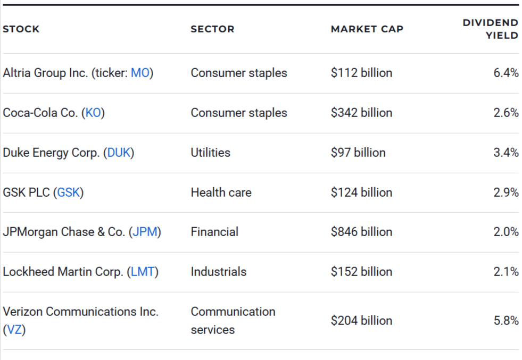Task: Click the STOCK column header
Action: click(21, 29)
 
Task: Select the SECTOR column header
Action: click(212, 29)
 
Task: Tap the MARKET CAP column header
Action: click(367, 29)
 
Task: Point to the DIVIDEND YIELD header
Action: click(490, 29)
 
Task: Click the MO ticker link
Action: click(140, 73)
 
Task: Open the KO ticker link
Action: click(93, 113)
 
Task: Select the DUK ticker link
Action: click(119, 153)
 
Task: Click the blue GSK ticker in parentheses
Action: click(69, 192)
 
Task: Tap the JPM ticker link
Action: click(145, 232)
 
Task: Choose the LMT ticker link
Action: click(143, 272)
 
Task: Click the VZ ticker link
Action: click(14, 330)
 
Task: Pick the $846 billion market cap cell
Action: click(361, 232)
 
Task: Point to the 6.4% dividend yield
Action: click(506, 73)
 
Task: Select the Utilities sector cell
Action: click(210, 153)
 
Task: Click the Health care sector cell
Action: click(221, 192)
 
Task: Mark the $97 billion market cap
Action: click(358, 153)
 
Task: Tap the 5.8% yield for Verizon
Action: click(506, 321)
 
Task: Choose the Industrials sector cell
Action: click(218, 272)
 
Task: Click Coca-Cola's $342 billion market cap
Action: click(361, 113)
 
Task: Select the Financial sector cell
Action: click(214, 232)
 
